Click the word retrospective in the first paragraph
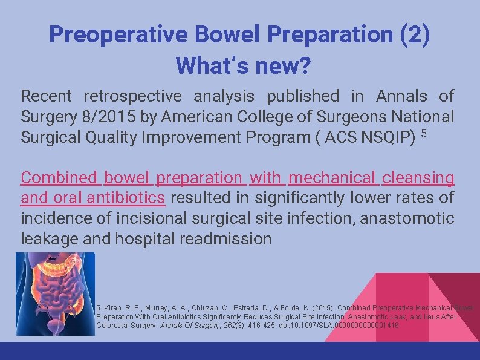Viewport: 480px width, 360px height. pyautogui.click(x=132, y=96)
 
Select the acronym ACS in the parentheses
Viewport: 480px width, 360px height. pyautogui.click(x=341, y=137)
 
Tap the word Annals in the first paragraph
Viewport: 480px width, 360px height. pyautogui.click(x=401, y=96)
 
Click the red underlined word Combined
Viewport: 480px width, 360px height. pyautogui.click(x=59, y=178)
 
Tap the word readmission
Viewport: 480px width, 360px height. pyautogui.click(x=226, y=238)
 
